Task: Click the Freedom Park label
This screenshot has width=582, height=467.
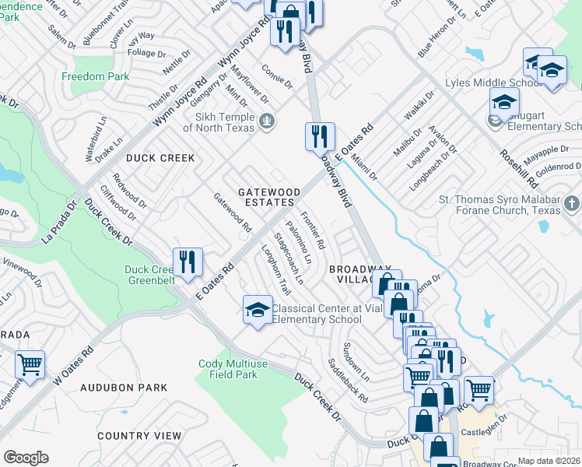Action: [x=95, y=77]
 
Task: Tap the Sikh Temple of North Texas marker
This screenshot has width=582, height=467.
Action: [x=268, y=121]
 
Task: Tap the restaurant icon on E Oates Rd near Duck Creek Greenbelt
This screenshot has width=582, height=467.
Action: [x=187, y=263]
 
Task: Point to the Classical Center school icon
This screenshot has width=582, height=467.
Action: [x=258, y=311]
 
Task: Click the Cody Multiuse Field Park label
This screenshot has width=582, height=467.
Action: [x=227, y=369]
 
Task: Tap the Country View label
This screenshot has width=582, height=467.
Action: [x=140, y=436]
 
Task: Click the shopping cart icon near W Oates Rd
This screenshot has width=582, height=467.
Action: [x=30, y=365]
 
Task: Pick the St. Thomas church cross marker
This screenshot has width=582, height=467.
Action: [x=571, y=205]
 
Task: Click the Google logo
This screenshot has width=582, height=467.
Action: [x=26, y=458]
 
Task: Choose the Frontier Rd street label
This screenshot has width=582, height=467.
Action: [x=313, y=230]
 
